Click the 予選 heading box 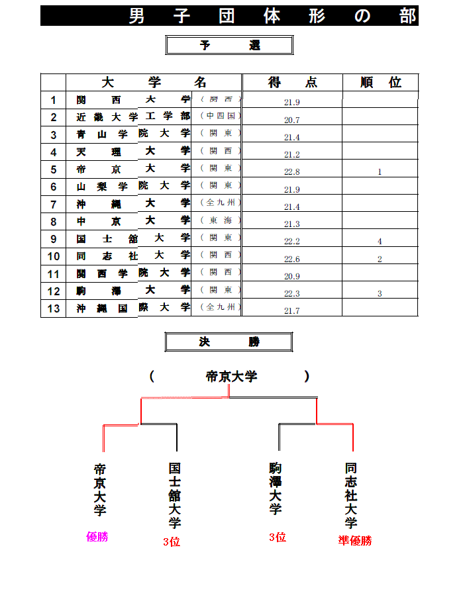click(x=229, y=46)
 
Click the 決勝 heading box click(x=229, y=342)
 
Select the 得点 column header click(x=292, y=82)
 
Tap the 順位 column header click(x=380, y=82)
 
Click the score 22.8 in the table click(x=292, y=172)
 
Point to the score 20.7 click(x=292, y=120)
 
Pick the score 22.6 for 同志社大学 click(x=292, y=260)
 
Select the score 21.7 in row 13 click(x=292, y=311)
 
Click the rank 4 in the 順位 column click(x=380, y=242)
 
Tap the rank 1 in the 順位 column click(x=380, y=172)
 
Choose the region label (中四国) click(x=221, y=116)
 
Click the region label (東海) click(x=221, y=220)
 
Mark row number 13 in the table click(x=54, y=308)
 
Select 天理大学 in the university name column click(x=133, y=152)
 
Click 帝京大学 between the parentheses click(x=231, y=377)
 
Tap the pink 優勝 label click(x=97, y=537)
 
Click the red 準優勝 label click(x=355, y=540)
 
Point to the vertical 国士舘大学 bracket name click(x=175, y=495)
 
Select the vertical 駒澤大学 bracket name click(x=276, y=488)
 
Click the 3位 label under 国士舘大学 click(x=172, y=542)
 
